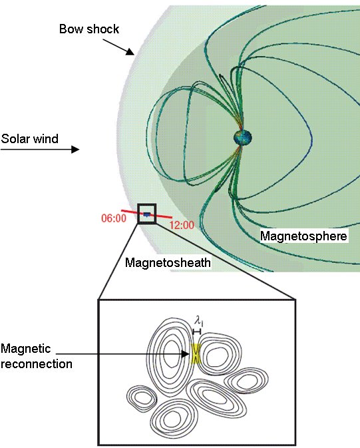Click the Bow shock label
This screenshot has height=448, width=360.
(89, 29)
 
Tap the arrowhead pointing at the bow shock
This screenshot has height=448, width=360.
(130, 51)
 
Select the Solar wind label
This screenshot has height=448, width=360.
(29, 139)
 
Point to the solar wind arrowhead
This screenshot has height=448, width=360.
(75, 149)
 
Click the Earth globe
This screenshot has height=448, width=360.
(243, 138)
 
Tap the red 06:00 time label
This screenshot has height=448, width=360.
(114, 218)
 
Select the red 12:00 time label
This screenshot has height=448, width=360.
(182, 225)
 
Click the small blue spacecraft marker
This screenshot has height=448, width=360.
(147, 214)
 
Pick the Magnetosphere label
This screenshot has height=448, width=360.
(303, 236)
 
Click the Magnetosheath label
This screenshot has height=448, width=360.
(168, 262)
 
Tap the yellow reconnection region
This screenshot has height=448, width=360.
(196, 354)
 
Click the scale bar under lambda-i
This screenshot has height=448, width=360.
(197, 332)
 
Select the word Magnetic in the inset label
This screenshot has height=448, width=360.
(26, 349)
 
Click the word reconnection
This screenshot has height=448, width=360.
(37, 364)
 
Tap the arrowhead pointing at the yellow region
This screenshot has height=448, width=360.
(186, 354)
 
